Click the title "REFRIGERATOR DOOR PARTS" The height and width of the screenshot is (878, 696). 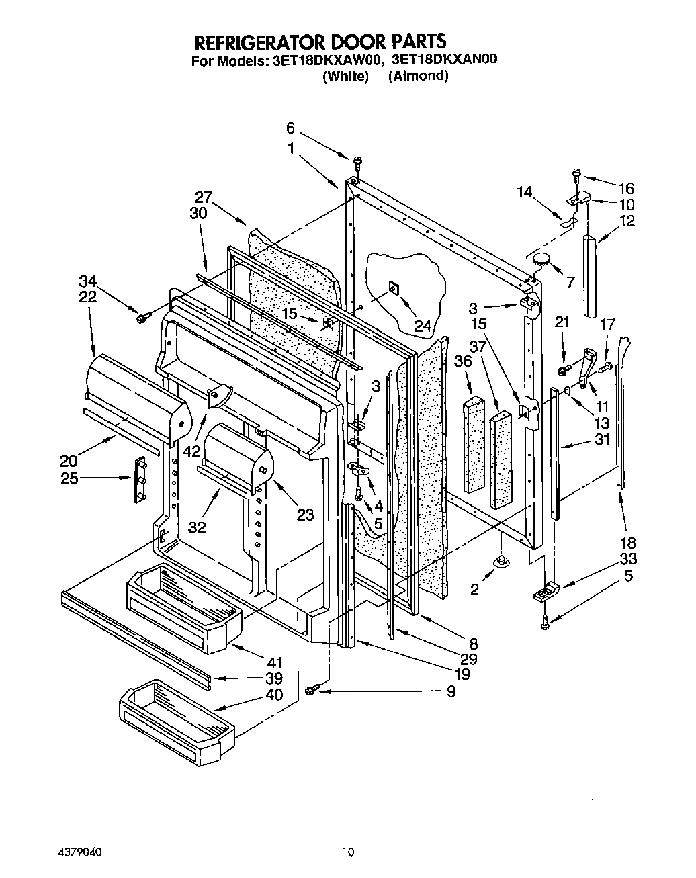click(x=320, y=42)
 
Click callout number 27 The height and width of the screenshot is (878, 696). click(x=204, y=197)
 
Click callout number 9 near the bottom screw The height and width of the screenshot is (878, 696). click(x=451, y=691)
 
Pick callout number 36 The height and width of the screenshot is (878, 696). click(x=463, y=361)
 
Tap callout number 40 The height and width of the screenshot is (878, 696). click(x=273, y=695)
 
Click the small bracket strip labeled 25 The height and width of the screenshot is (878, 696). click(x=140, y=479)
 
